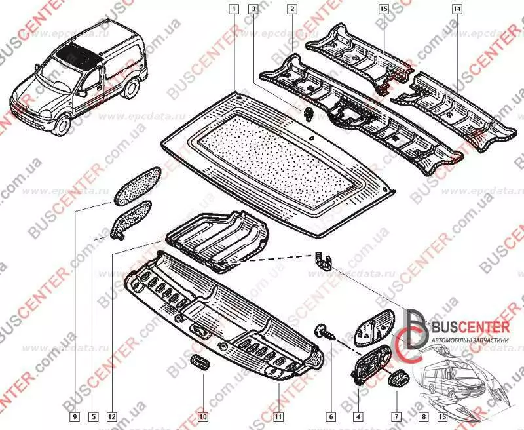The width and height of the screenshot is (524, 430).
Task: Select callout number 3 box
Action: click(x=253, y=9)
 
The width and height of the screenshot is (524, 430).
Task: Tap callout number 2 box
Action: click(x=291, y=9)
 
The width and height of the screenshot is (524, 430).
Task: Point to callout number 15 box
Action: click(x=384, y=9)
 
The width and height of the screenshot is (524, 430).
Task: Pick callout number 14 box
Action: click(x=457, y=9)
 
